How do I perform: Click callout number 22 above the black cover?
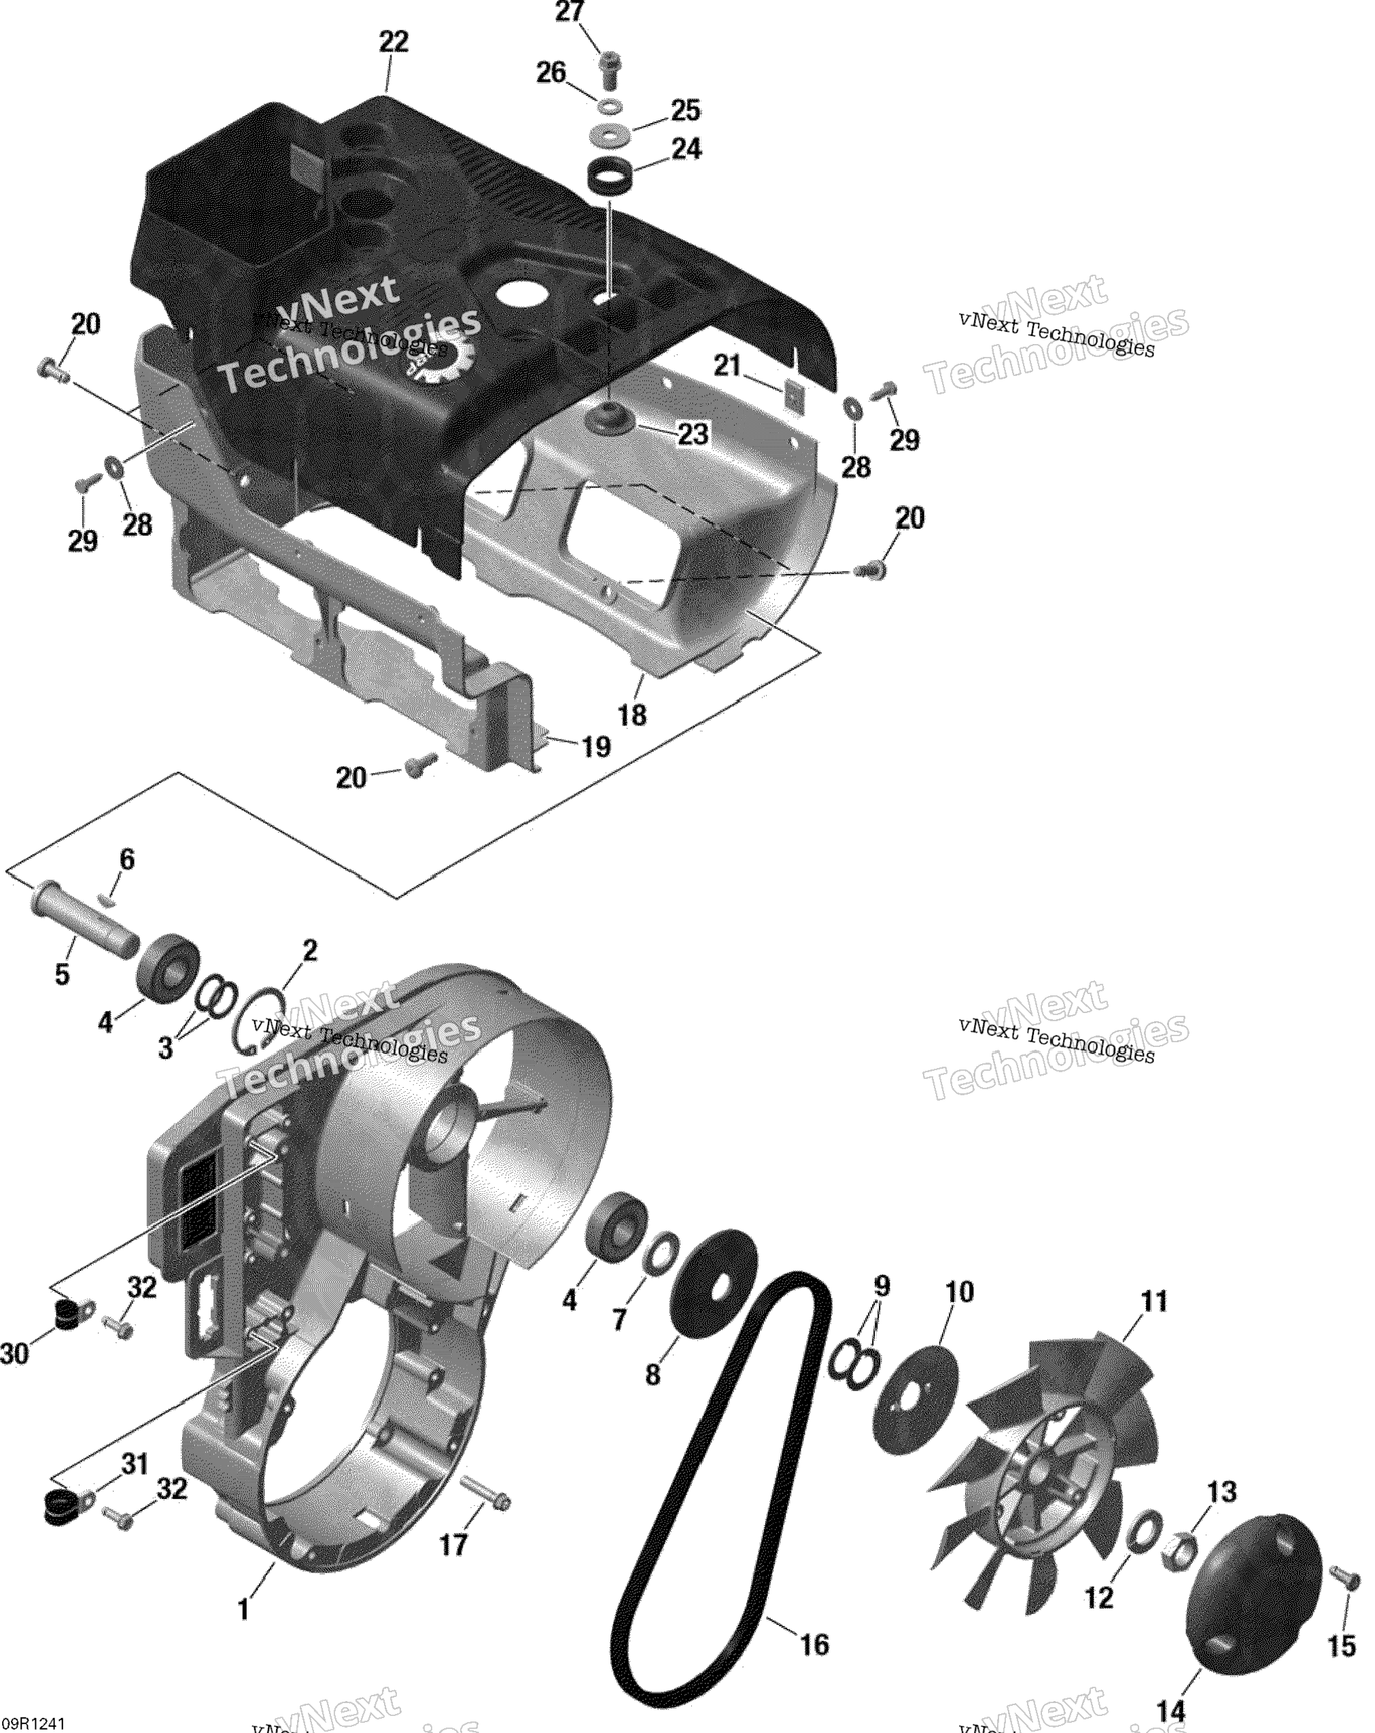pos(393,41)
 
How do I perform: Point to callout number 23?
pos(693,435)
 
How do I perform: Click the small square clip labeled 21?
pos(795,394)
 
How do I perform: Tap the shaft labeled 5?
pos(83,918)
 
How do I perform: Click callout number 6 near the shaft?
pos(127,859)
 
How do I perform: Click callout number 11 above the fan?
pos(1154,1301)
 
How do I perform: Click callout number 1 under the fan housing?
pos(243,1610)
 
